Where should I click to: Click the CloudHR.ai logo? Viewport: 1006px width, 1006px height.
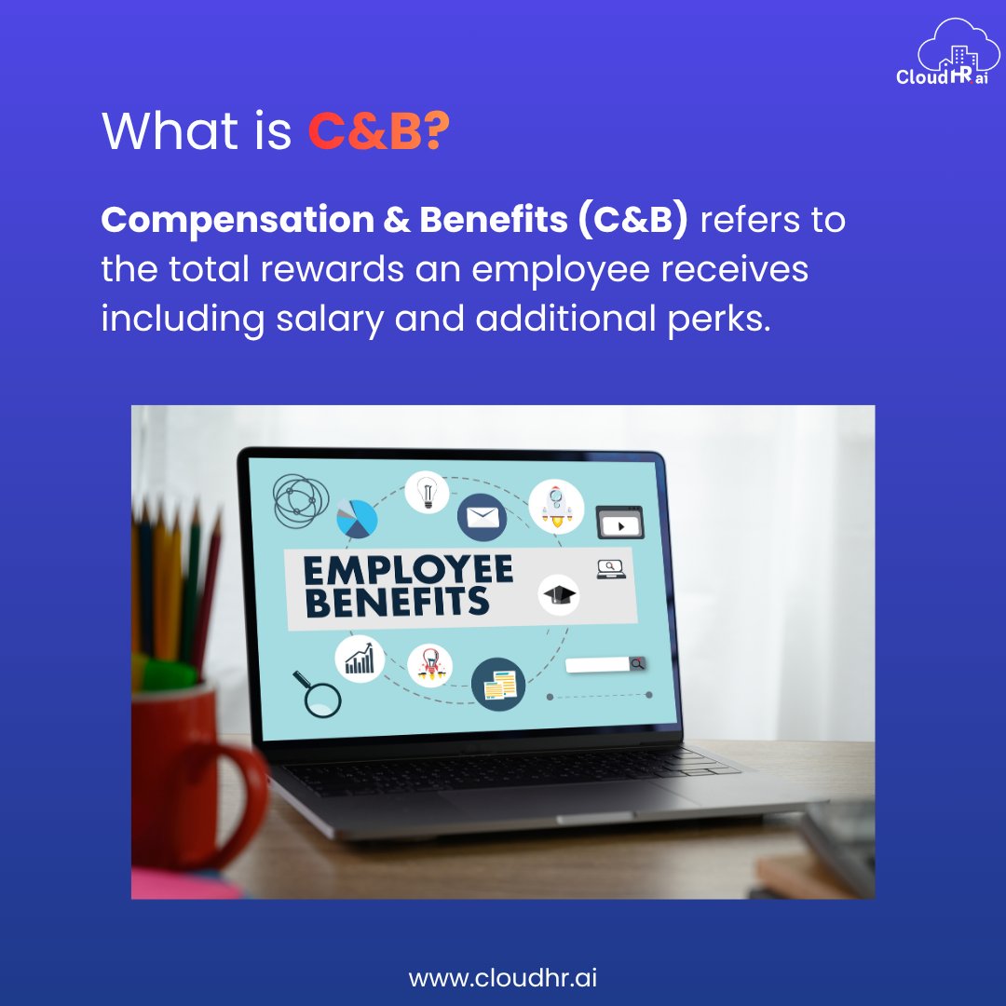click(942, 56)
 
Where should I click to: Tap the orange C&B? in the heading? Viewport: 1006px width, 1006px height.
click(378, 132)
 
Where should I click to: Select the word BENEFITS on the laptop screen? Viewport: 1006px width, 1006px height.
click(397, 602)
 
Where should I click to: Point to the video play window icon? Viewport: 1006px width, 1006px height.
click(619, 523)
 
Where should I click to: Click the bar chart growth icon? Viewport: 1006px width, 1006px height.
click(360, 659)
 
